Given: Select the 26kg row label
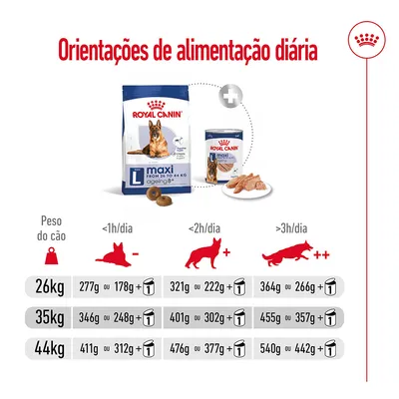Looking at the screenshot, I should (51, 290).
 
